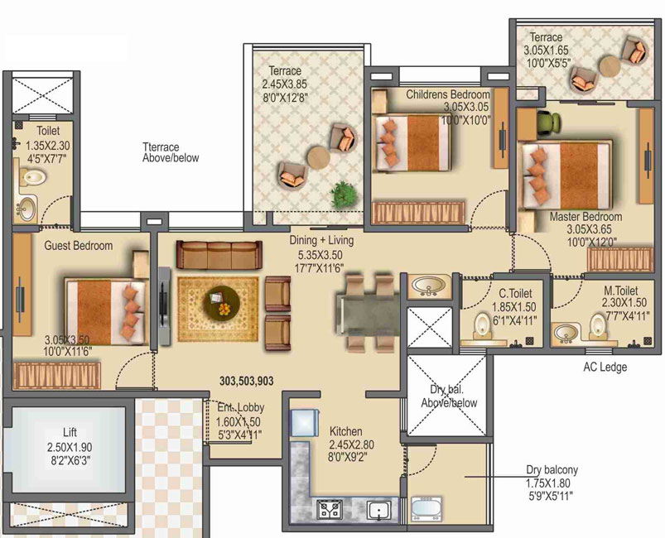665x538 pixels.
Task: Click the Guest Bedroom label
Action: tap(79, 246)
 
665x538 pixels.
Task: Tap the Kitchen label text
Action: tap(345, 431)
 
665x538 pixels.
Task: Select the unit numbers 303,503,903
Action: tap(247, 381)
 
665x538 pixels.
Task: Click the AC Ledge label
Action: tap(605, 367)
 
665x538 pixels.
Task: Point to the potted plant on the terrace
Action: tap(343, 195)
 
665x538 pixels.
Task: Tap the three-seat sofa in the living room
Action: tap(219, 254)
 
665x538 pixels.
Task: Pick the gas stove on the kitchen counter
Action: tap(330, 508)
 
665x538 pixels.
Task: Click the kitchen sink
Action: tap(378, 510)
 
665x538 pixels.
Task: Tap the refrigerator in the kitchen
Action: tap(304, 423)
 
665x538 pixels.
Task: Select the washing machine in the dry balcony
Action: tap(426, 509)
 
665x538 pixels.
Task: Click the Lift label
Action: tap(70, 432)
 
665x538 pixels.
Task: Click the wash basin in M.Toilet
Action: tap(566, 333)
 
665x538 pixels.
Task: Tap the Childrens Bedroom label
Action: tap(448, 94)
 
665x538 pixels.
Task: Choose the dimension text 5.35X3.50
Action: tap(320, 255)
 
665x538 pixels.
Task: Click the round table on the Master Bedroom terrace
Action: tap(610, 66)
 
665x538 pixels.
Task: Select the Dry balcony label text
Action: tap(552, 470)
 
